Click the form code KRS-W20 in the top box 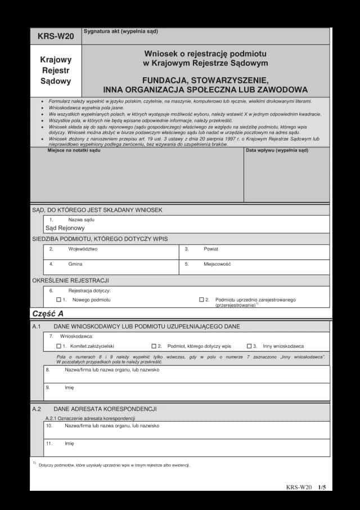click(x=56, y=37)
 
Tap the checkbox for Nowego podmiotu click(x=58, y=300)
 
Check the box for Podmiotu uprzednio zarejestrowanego click(x=201, y=300)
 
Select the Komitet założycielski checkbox click(x=58, y=346)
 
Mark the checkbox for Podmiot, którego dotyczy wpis click(x=154, y=346)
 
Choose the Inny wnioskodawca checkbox click(x=249, y=346)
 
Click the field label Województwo click(x=83, y=248)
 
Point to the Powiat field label click(x=211, y=248)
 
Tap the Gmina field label click(x=75, y=263)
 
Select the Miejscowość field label click(x=217, y=263)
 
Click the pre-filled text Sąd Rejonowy click(x=65, y=228)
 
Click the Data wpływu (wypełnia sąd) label click(x=277, y=150)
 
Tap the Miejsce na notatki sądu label click(x=74, y=150)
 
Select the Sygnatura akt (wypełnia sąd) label click(x=120, y=31)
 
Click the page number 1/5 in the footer click(x=322, y=487)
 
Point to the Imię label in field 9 click(x=69, y=387)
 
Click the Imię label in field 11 click(x=69, y=443)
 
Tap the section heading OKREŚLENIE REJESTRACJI click(x=70, y=280)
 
